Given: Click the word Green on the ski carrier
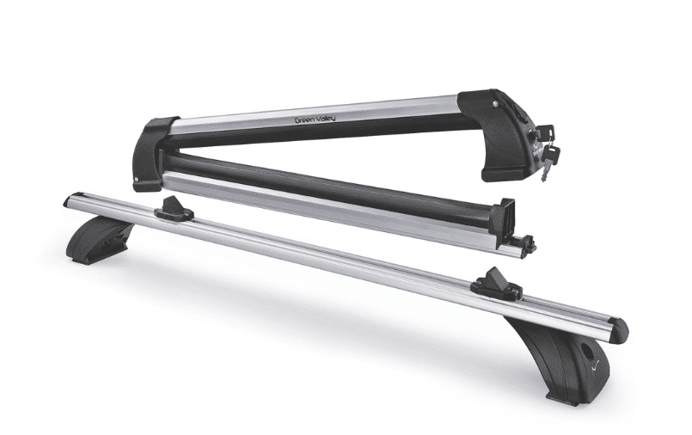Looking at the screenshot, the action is (x=305, y=119).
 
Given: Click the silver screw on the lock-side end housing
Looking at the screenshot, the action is (x=497, y=103).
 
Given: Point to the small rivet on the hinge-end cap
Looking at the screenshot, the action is (x=137, y=180).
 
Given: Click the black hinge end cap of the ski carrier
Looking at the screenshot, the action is (x=155, y=155).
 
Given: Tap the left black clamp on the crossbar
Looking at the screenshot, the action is (x=173, y=210).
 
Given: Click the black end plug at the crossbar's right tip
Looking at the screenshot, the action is (x=619, y=330).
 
